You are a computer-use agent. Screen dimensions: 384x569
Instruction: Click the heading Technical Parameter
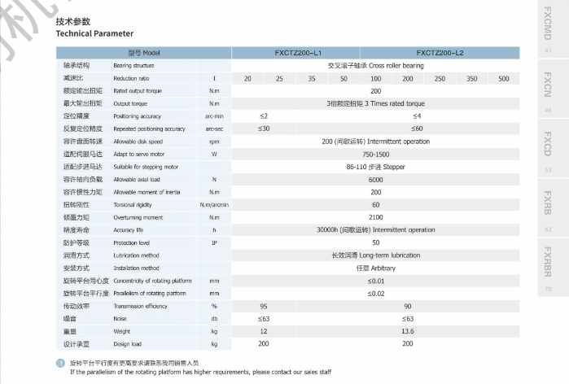94,34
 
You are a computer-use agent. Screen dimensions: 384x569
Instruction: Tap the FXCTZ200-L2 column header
440,52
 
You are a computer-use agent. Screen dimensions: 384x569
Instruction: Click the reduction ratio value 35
312,78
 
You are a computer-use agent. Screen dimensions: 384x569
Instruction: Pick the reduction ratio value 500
504,78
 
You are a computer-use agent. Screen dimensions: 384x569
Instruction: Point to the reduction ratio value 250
440,78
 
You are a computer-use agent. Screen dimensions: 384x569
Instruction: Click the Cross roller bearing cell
375,65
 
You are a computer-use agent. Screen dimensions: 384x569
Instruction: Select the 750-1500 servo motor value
375,154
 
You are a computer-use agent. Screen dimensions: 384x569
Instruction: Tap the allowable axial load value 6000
375,179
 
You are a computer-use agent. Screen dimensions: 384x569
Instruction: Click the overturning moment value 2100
375,217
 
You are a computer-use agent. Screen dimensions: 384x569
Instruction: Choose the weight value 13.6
407,331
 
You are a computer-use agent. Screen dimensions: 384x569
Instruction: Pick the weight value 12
264,331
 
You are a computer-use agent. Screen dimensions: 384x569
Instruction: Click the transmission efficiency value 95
264,306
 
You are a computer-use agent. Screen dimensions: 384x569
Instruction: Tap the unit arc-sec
214,129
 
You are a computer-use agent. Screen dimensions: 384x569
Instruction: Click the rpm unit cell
214,142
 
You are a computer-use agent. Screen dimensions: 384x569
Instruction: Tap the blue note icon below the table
59,362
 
